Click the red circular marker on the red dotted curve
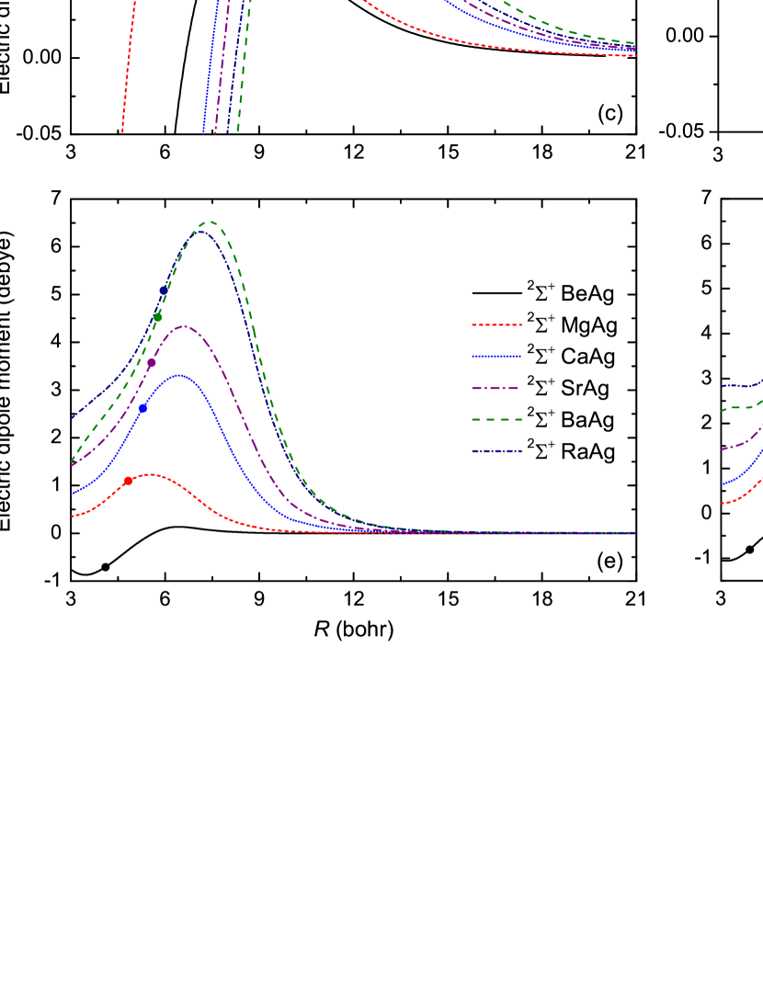[128, 481]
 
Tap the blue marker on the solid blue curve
[142, 408]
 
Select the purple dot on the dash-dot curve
[152, 363]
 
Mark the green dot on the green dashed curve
[158, 318]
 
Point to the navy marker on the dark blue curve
[164, 290]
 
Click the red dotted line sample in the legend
[496, 324]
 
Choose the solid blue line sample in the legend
[496, 357]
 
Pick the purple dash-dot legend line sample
[496, 389]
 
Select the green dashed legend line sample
[496, 420]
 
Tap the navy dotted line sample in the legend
[496, 451]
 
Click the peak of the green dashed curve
[211, 221]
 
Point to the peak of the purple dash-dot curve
[185, 326]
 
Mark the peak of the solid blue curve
[180, 375]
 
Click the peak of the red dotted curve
[149, 474]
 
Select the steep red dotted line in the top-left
[128, 64]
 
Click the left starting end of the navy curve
[74, 418]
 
